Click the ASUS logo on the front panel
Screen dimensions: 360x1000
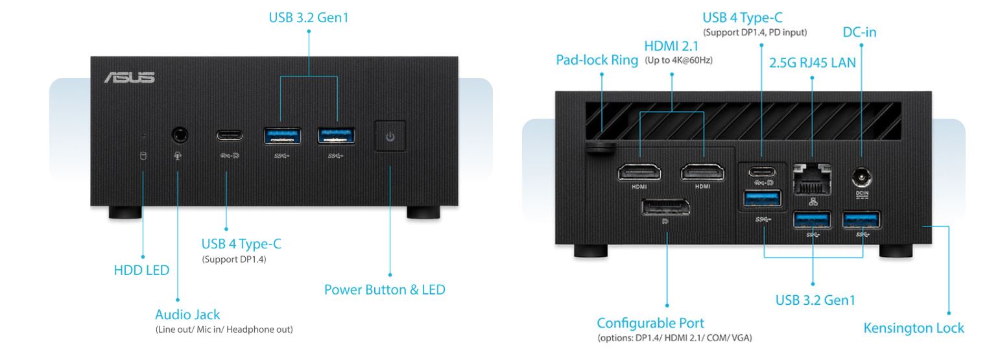point(129,78)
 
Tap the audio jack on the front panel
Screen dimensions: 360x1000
point(180,135)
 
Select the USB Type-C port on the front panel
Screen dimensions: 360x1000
point(230,136)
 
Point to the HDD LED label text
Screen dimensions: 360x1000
point(141,270)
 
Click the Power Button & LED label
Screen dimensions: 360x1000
point(385,289)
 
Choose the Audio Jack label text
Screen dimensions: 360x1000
point(187,315)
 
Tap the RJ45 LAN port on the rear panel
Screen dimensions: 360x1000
point(813,178)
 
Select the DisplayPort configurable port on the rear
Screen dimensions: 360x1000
point(665,209)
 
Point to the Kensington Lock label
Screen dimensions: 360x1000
point(913,328)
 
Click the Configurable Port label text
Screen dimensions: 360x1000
point(650,323)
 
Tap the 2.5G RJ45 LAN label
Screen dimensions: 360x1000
point(812,63)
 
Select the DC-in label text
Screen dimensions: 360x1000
point(859,31)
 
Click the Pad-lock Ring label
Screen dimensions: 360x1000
point(597,60)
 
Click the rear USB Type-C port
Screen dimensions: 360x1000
point(761,172)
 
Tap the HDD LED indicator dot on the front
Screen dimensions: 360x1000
point(144,136)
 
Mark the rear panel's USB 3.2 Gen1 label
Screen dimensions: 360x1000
point(815,300)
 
